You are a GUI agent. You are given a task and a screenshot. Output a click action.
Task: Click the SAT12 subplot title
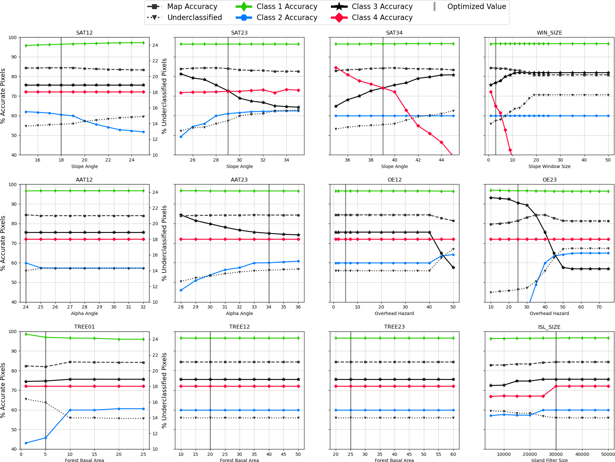pyautogui.click(x=84, y=33)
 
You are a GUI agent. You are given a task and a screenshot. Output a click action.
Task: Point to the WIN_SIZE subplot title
pyautogui.click(x=549, y=33)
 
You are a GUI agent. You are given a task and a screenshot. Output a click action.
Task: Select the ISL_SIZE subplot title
pyautogui.click(x=549, y=327)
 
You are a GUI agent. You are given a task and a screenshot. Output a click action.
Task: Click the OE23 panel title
pyautogui.click(x=549, y=180)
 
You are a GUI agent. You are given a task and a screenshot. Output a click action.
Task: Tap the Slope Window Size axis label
pyautogui.click(x=549, y=166)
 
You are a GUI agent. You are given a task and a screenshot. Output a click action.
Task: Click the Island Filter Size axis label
pyautogui.click(x=549, y=460)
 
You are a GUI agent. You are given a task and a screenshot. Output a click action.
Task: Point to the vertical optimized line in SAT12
pyautogui.click(x=61, y=97)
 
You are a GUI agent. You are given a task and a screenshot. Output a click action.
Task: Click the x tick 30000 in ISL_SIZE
pyautogui.click(x=556, y=454)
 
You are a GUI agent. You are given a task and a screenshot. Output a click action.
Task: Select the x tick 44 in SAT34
pyautogui.click(x=441, y=160)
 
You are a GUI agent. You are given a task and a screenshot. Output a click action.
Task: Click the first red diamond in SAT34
pyautogui.click(x=336, y=68)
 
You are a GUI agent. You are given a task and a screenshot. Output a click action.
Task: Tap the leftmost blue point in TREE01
pyautogui.click(x=26, y=443)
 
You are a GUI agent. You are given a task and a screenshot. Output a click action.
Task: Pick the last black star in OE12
pyautogui.click(x=453, y=268)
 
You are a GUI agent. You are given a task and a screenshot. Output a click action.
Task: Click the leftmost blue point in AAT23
pyautogui.click(x=181, y=290)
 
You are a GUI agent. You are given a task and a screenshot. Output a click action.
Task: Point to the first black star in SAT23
pyautogui.click(x=181, y=74)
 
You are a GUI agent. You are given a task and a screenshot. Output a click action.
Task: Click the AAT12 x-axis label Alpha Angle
pyautogui.click(x=84, y=313)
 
